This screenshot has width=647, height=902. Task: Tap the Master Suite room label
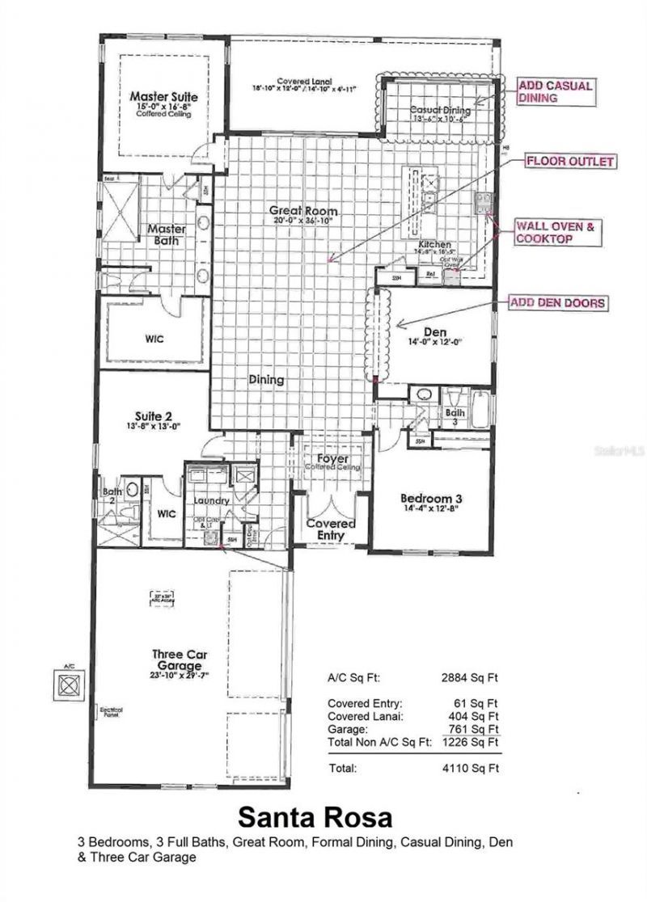(164, 97)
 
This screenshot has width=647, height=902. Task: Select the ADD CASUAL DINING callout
(556, 91)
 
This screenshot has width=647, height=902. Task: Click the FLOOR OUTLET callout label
(570, 162)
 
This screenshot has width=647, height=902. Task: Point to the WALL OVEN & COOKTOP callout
(556, 234)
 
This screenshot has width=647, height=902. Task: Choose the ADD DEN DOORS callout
(556, 303)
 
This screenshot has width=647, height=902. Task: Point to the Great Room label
(303, 211)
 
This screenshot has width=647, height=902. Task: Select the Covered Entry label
(330, 529)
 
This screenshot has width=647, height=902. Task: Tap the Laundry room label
(212, 500)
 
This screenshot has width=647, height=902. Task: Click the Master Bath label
(167, 234)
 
